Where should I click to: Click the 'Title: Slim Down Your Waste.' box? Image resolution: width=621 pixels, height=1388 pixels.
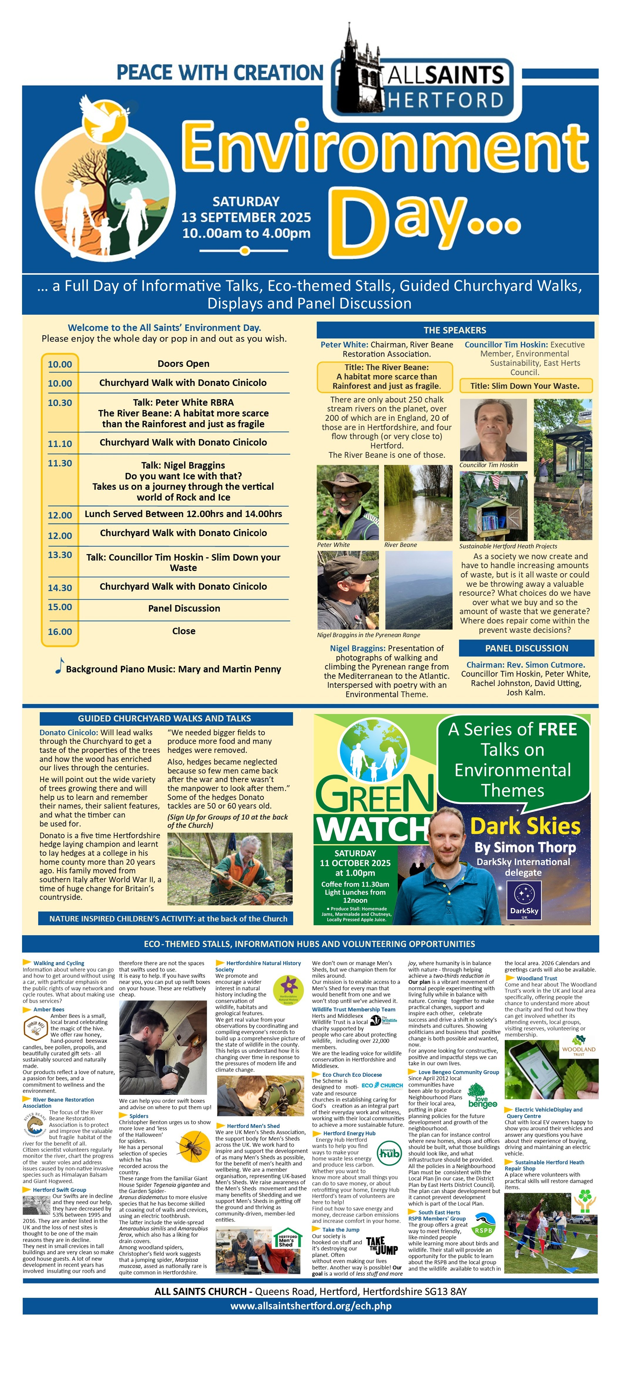coord(525,386)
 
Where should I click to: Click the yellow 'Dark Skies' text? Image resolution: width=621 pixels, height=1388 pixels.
coord(525,826)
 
